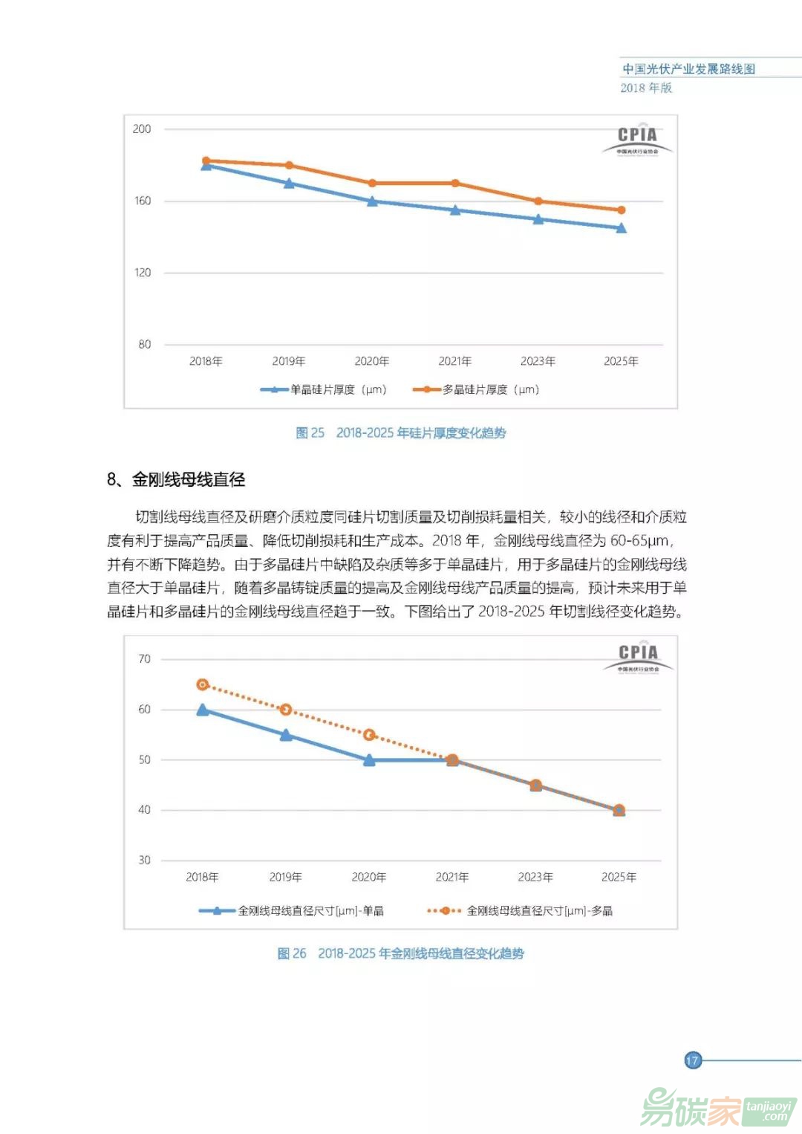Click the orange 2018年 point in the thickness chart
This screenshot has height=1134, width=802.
point(206,161)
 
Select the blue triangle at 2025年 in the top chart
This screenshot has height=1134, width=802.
point(621,228)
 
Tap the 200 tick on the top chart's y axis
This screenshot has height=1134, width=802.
point(142,129)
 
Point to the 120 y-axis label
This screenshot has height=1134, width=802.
point(142,273)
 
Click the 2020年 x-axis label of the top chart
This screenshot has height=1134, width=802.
point(371,361)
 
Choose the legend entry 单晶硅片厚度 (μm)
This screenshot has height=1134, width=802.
point(325,389)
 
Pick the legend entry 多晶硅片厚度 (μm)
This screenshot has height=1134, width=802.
point(477,389)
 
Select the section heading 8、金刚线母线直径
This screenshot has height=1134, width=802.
point(176,479)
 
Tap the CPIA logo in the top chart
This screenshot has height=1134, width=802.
point(637,139)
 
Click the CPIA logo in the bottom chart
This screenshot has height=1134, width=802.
point(638,657)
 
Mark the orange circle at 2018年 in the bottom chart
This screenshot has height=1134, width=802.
point(203,684)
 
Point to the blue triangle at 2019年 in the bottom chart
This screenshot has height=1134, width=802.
point(286,735)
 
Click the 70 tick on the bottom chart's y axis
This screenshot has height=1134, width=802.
point(144,659)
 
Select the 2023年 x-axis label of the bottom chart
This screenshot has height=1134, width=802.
point(535,877)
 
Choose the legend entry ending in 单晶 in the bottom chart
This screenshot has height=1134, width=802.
point(292,910)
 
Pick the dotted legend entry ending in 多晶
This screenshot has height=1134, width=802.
point(521,910)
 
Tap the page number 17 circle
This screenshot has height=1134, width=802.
point(692,1060)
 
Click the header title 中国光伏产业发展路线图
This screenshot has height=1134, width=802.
point(688,69)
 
